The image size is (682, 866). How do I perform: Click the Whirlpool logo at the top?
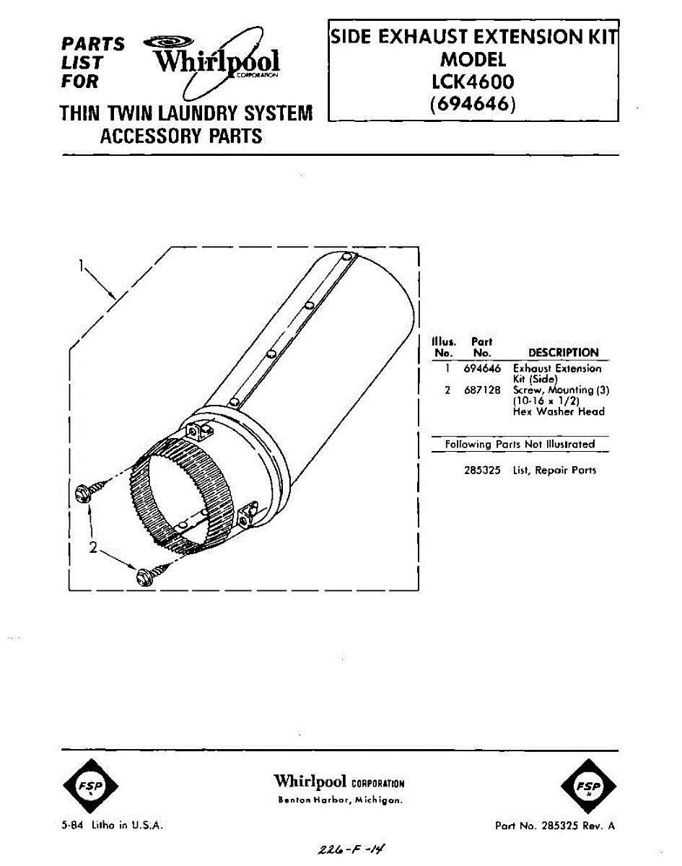coord(217,61)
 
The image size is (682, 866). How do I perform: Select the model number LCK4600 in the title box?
coord(473,82)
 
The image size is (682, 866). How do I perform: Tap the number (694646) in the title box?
coord(473,105)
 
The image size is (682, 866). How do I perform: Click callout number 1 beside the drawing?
coord(82,266)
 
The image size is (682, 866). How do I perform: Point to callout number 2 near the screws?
coord(92,548)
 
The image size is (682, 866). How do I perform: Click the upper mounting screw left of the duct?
coord(82,492)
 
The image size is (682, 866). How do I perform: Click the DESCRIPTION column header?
coord(563,353)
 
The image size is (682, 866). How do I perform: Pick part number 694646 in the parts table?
coord(482,369)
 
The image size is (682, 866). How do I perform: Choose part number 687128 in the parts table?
coord(482,390)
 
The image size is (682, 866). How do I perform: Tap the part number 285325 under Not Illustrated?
coord(482,471)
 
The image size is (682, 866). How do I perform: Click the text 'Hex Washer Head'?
coord(559,411)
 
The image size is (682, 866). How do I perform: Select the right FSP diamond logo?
coord(588,785)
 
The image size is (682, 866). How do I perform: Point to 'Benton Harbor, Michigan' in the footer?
coord(340,800)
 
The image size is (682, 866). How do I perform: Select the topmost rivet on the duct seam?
coord(347,257)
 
